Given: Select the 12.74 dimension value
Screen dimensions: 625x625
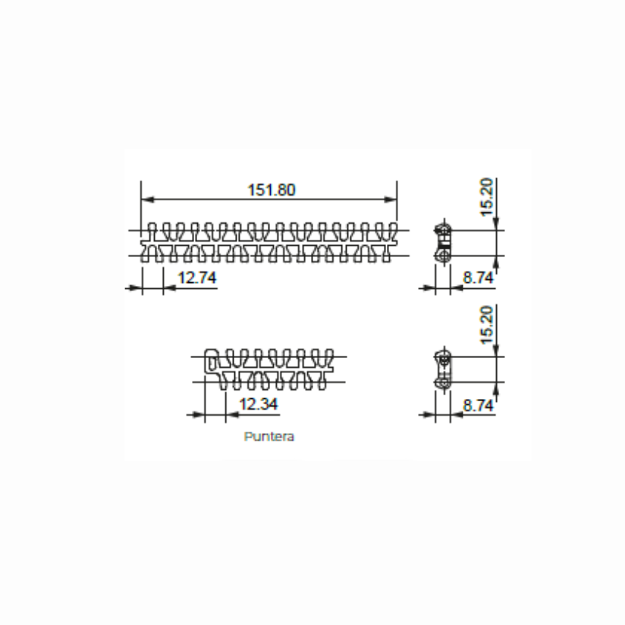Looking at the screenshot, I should click(x=197, y=278).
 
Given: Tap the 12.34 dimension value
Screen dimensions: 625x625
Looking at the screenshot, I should click(x=259, y=404).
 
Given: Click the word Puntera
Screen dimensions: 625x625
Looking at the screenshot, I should click(x=269, y=437).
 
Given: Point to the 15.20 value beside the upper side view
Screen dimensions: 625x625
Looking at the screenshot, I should click(x=488, y=197).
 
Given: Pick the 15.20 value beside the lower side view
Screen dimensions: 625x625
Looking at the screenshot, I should click(x=488, y=324).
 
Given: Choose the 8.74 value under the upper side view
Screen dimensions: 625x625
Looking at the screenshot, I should click(x=479, y=278).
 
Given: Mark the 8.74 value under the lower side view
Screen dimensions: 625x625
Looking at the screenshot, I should click(x=479, y=405).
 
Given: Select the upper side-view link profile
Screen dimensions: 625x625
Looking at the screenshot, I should click(x=442, y=243).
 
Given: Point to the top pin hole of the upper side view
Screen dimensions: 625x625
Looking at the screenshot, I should click(x=442, y=230).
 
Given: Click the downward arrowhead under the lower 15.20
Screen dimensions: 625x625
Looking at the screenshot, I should click(x=496, y=350).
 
